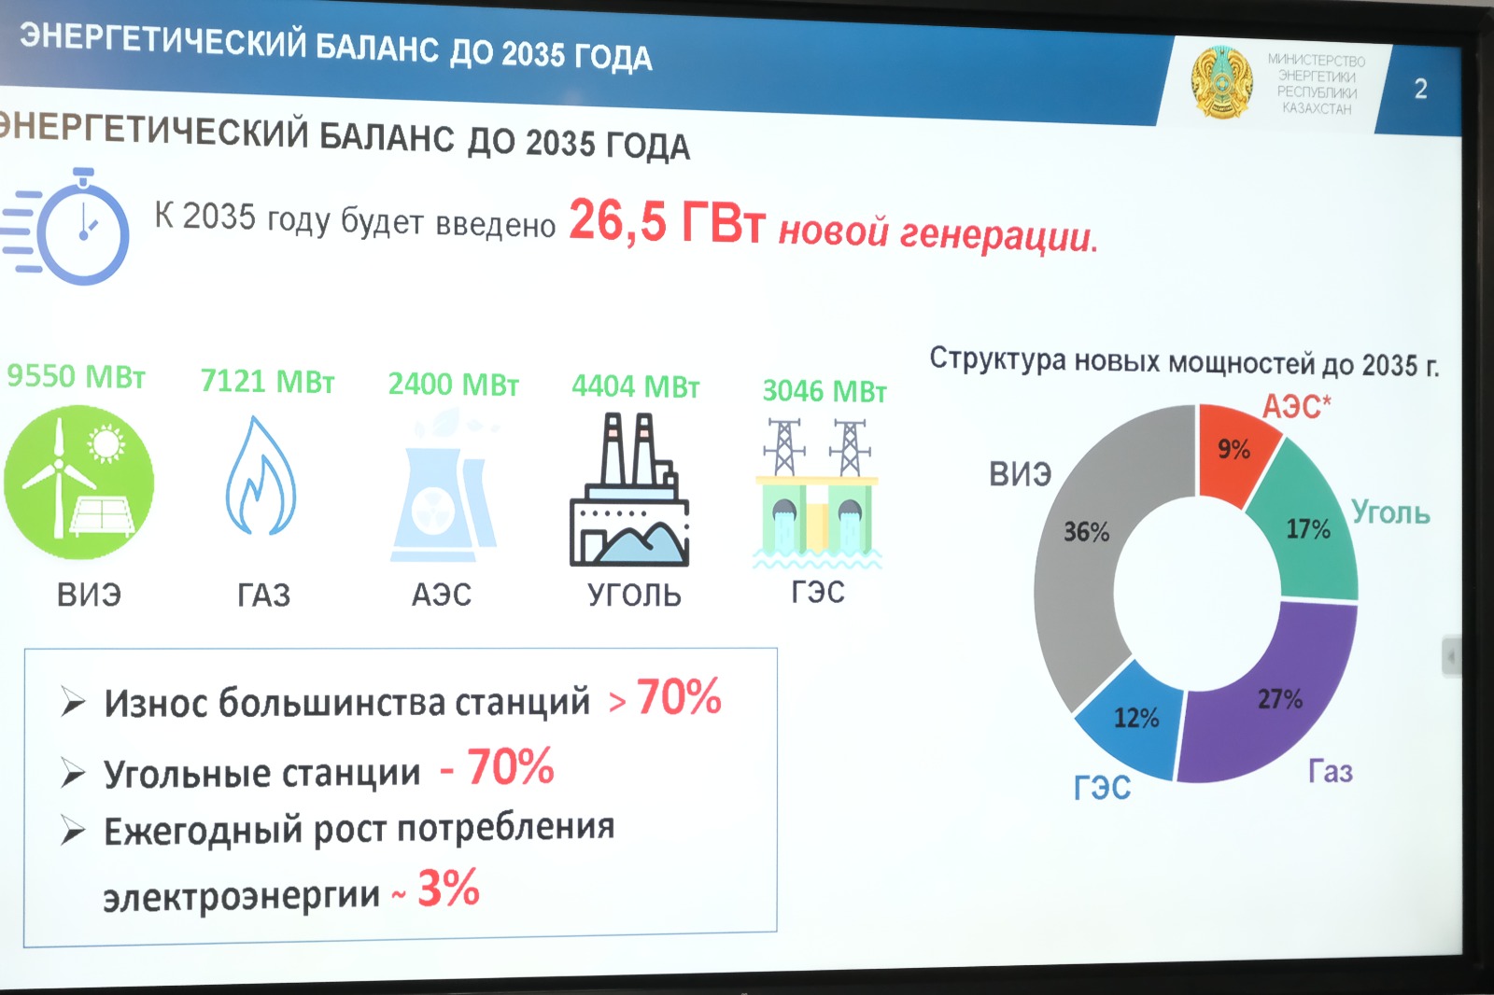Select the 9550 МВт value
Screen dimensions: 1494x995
tap(76, 376)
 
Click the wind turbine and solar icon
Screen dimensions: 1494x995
tap(78, 482)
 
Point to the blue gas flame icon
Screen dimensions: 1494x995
tap(261, 475)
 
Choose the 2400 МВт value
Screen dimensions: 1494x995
tap(454, 385)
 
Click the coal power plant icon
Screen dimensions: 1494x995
tap(629, 490)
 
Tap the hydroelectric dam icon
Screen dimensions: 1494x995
tap(817, 494)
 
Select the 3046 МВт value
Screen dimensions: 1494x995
tap(825, 391)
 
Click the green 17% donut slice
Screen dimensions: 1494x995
tap(1307, 526)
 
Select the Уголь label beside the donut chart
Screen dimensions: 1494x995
tap(1390, 512)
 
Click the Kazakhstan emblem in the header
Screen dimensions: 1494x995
tap(1222, 83)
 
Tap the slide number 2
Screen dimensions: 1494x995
tap(1420, 89)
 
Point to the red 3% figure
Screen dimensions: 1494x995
tap(448, 888)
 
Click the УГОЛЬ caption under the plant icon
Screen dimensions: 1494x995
tap(634, 595)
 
